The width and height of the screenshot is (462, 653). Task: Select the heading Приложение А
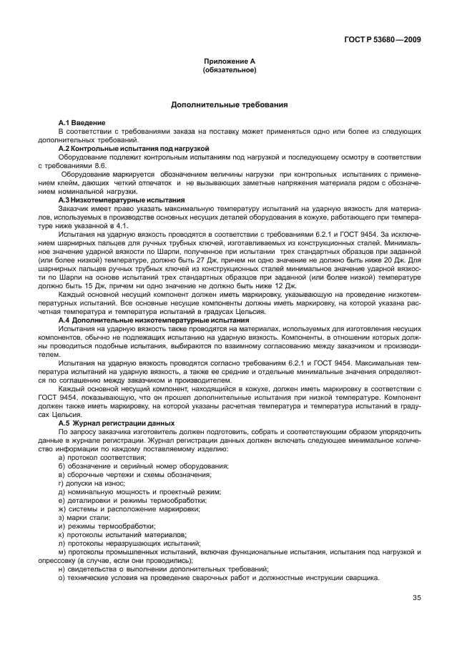(x=230, y=63)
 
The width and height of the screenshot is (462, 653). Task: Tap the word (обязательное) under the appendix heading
(x=230, y=71)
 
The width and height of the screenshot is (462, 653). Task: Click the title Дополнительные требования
(x=230, y=104)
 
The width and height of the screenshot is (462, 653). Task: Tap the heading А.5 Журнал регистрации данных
(x=110, y=424)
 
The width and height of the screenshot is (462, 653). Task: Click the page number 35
(x=417, y=599)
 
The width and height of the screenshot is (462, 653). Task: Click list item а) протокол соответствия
(x=100, y=456)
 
